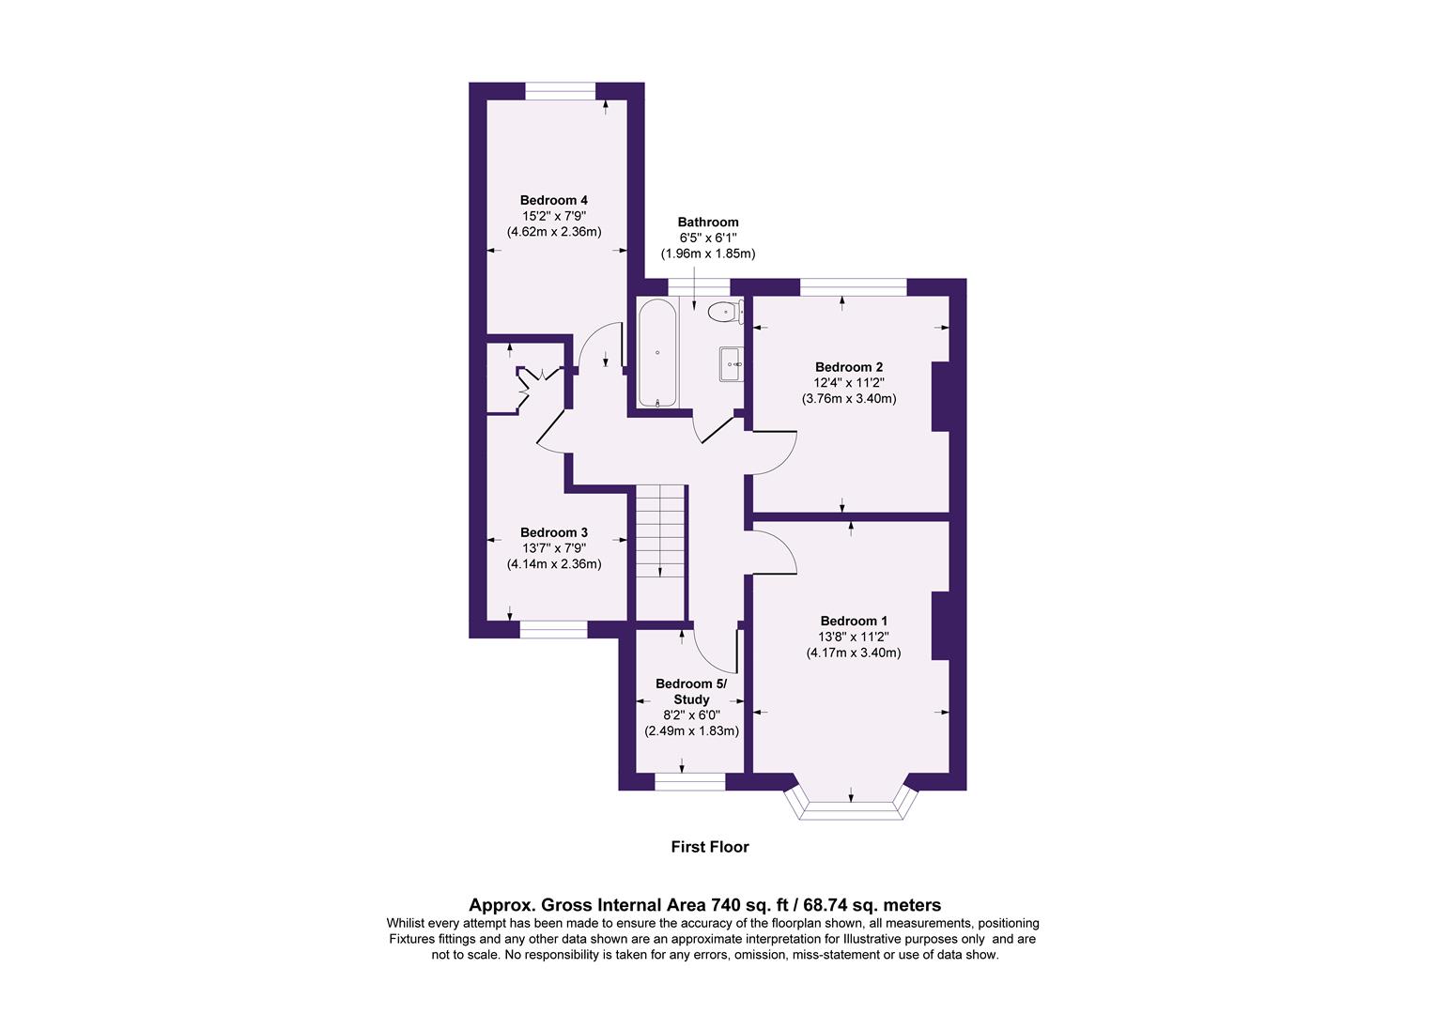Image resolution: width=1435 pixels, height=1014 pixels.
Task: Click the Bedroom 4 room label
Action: (x=553, y=200)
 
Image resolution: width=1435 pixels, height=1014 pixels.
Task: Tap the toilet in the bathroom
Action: (x=725, y=312)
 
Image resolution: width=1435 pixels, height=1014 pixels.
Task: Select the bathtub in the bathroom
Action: (x=657, y=353)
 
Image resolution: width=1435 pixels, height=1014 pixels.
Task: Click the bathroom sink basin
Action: (x=732, y=364)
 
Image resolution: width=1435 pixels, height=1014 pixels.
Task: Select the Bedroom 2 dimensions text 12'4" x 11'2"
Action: (x=848, y=383)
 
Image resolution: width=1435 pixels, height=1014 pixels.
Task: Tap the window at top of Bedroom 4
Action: (x=561, y=91)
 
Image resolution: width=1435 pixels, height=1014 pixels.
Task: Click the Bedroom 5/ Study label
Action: (x=690, y=692)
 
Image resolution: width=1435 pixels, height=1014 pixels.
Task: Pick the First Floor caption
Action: (x=709, y=847)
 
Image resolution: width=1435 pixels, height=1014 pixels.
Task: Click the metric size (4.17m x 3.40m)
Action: (x=853, y=653)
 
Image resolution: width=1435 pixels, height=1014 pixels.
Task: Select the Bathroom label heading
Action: (x=708, y=223)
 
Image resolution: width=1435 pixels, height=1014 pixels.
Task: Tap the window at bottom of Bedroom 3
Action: (x=553, y=630)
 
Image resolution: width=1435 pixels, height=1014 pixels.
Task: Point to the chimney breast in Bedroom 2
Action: (x=940, y=396)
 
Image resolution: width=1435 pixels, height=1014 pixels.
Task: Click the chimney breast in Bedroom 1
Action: (x=940, y=626)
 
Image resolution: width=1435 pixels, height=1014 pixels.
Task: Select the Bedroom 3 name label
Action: (x=553, y=532)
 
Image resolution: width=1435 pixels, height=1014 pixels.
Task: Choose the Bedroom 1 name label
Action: (x=853, y=621)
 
